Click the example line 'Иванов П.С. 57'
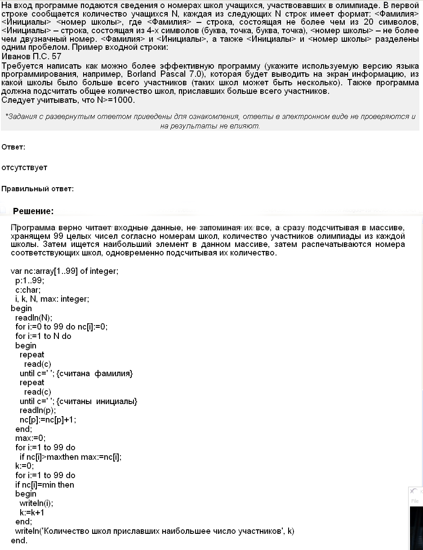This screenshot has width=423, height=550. point(31,57)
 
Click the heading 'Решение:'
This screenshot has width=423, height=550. point(33,211)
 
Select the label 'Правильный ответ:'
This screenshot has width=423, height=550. point(38,189)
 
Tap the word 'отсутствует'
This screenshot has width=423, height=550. point(24,167)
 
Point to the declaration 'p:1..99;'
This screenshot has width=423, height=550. point(30,281)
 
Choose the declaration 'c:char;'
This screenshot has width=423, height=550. point(28,290)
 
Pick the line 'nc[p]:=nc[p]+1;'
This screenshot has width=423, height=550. point(48,420)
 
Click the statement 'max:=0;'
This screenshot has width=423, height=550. point(30,438)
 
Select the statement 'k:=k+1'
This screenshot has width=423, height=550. point(32,513)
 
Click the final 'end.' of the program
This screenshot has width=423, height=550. point(19,541)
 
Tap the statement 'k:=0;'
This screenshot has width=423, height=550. point(24,466)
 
